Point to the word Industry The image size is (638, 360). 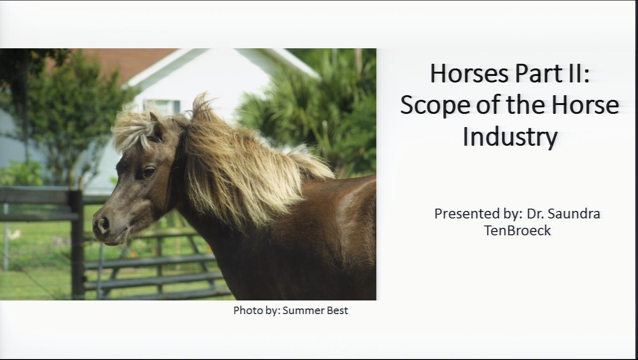[x=510, y=137]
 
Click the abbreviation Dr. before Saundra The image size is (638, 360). [x=535, y=214]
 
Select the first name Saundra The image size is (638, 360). [x=574, y=214]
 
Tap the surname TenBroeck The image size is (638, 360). [x=517, y=230]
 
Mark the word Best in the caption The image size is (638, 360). [x=337, y=310]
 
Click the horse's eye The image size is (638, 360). [x=148, y=172]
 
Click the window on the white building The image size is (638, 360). [x=162, y=107]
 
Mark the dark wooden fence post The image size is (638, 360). [x=77, y=244]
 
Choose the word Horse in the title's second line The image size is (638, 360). [x=585, y=105]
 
